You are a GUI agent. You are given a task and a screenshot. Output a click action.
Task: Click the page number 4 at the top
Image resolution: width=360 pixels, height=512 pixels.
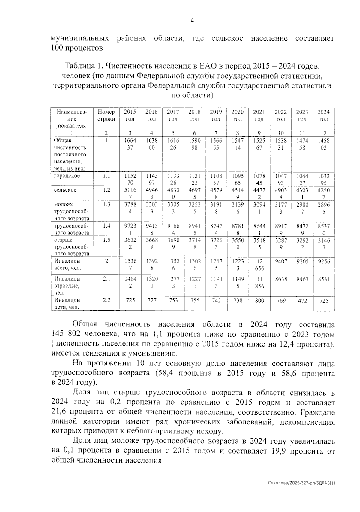pos(192,21)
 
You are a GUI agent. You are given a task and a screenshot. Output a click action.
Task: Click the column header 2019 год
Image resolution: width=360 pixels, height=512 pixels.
pos(216,115)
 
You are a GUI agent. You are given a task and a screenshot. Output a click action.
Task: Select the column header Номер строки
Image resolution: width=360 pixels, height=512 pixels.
pos(106,115)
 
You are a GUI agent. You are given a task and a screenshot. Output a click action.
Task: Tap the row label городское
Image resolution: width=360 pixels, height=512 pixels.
pos(67,176)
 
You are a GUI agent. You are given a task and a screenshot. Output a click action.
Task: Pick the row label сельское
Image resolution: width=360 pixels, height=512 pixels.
pos(65,190)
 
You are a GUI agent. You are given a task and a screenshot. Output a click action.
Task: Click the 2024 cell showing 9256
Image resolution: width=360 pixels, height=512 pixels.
pos(324,261)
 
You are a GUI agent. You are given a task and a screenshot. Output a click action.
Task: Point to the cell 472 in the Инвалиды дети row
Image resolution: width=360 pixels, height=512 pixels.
pos(302,300)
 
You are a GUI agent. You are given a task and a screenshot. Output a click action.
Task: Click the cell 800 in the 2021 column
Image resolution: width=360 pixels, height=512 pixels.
pos(259,300)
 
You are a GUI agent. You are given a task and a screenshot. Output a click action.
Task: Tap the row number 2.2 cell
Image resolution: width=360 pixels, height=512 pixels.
pos(106,300)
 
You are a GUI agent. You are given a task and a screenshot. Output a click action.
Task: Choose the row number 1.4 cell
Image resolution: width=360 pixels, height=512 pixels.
pos(106,226)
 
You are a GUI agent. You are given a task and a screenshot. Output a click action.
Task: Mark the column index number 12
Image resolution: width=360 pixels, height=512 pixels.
pos(324,133)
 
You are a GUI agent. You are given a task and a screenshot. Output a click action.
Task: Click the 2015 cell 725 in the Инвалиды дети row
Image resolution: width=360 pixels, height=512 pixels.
pos(130,300)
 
